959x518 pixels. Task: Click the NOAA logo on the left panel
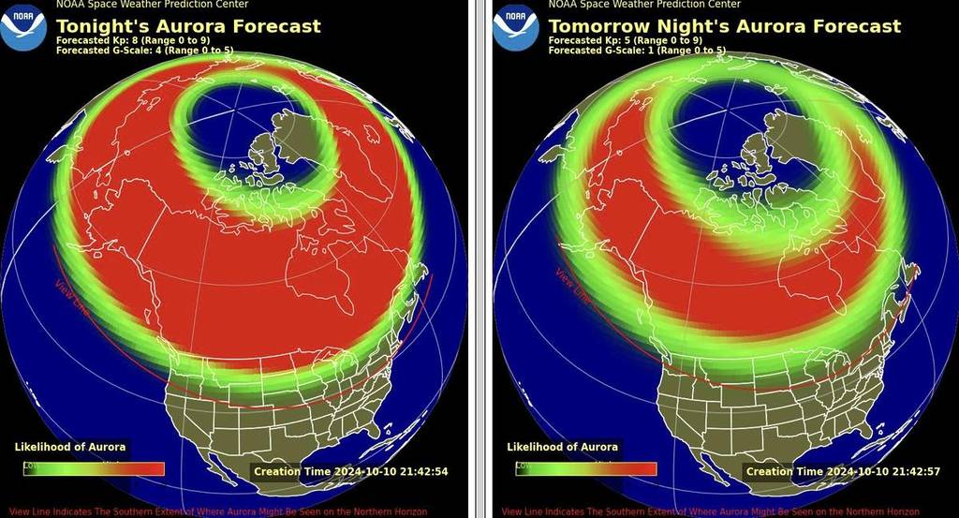tap(23, 26)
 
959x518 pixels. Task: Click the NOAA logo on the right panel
tap(516, 26)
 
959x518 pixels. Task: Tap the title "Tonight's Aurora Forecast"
tap(188, 26)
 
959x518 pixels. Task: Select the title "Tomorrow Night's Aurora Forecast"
tap(724, 26)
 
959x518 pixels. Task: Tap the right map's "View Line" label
tap(574, 286)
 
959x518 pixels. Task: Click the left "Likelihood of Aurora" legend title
tap(70, 447)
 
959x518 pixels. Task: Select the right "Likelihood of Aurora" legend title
tap(563, 447)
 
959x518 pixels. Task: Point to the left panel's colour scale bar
tap(94, 468)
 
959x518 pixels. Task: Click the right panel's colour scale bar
tap(586, 468)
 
